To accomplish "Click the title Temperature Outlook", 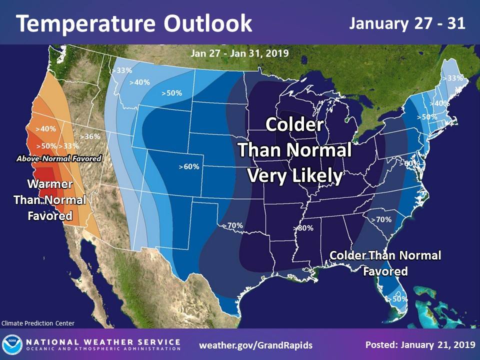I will click(134, 23).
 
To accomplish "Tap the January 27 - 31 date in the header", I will click(407, 23).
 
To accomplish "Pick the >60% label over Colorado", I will click(188, 166).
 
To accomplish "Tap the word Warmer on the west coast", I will click(50, 184).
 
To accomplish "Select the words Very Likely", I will click(295, 175).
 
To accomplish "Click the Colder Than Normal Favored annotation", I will click(385, 263).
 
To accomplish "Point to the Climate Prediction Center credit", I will click(38, 323).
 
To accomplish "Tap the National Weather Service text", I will click(103, 342).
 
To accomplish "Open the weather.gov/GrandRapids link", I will click(255, 345).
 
